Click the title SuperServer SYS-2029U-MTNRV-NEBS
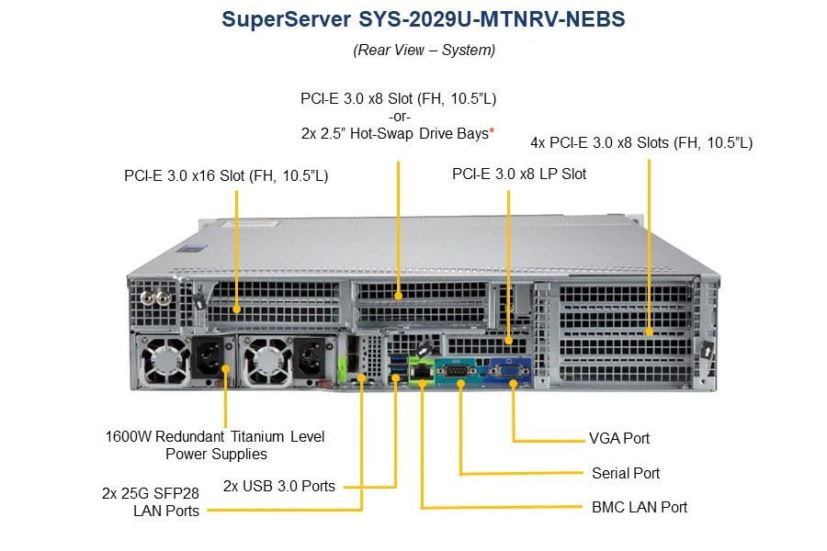click(x=423, y=19)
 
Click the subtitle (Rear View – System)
click(x=424, y=51)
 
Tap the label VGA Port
click(x=619, y=438)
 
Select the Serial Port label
click(x=626, y=473)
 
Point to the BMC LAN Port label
click(x=640, y=507)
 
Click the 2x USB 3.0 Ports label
click(x=279, y=486)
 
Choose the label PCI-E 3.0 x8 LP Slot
click(x=519, y=174)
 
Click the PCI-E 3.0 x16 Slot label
click(x=226, y=175)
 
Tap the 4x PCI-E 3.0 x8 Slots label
click(x=641, y=143)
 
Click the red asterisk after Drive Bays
click(x=492, y=130)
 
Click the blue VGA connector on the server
click(x=510, y=370)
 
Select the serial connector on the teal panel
click(x=457, y=370)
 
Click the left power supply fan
click(x=165, y=361)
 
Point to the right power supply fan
click(x=266, y=361)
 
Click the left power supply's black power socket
click(x=210, y=358)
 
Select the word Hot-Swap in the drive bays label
click(x=381, y=134)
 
